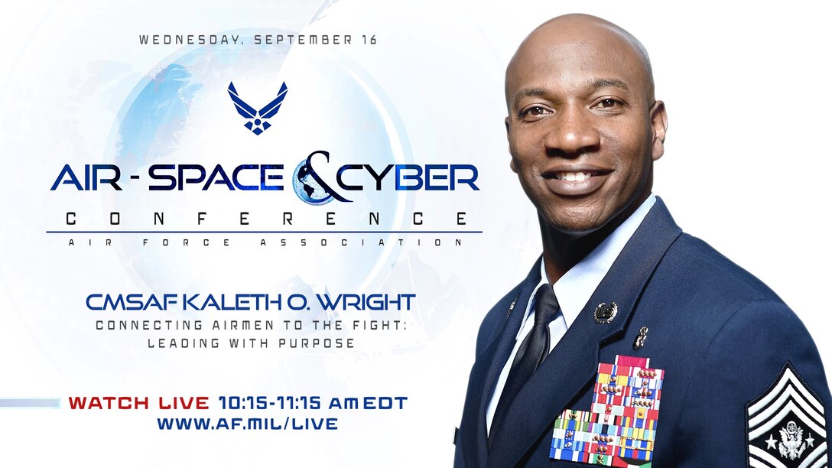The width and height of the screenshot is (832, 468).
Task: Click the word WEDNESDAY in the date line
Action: tap(175, 41)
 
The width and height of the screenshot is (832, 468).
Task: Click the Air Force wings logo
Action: tap(258, 108)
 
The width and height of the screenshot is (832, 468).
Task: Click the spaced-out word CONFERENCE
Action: tap(265, 219)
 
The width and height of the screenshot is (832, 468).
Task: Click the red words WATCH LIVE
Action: tap(138, 402)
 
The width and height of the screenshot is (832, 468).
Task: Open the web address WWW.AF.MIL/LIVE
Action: tap(247, 424)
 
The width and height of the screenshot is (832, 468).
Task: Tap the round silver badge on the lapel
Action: tap(606, 312)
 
